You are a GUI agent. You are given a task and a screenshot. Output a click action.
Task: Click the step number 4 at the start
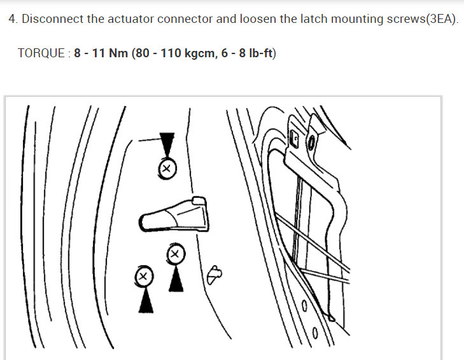pos(11,19)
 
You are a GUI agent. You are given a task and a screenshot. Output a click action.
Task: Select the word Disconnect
pos(52,19)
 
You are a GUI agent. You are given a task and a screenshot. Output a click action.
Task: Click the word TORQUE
pos(41,53)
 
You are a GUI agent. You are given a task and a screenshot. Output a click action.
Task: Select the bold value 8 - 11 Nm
pos(101,53)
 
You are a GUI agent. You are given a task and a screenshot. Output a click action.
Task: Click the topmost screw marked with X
pos(166,169)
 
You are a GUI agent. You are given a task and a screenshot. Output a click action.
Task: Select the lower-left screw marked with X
pos(144,276)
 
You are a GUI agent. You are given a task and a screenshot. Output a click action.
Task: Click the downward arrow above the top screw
pos(166,144)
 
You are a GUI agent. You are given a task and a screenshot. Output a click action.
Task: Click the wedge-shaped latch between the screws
pos(173,214)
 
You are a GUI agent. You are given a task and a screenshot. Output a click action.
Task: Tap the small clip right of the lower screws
pos(215,273)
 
